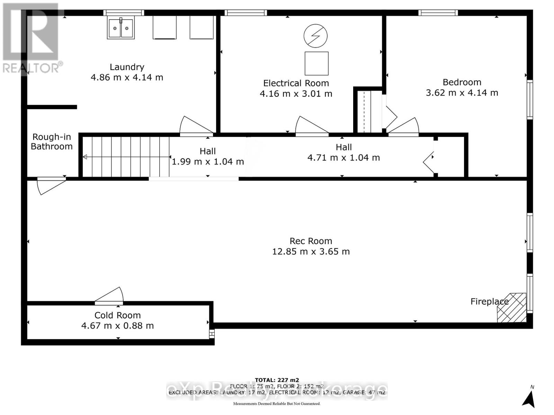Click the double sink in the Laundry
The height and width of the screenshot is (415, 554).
coord(120,28)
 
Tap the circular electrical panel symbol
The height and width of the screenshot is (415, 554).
coord(315,36)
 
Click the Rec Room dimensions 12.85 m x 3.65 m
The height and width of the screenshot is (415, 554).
coord(311,251)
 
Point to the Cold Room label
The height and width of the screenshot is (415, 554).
coord(117,315)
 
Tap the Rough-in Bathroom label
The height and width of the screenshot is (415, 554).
coord(52,142)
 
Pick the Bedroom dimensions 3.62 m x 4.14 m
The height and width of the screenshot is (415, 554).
coord(462,93)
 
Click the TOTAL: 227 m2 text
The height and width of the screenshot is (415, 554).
coord(277,380)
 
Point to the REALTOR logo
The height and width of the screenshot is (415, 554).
coord(31,38)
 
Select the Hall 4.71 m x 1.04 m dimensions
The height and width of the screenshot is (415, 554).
coord(343,158)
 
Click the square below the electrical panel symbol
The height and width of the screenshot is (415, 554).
coord(316,63)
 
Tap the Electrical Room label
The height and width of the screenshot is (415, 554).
coord(296,83)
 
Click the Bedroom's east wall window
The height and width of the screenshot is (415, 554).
coord(529,100)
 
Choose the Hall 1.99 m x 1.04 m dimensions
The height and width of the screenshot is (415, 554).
coord(208,162)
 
